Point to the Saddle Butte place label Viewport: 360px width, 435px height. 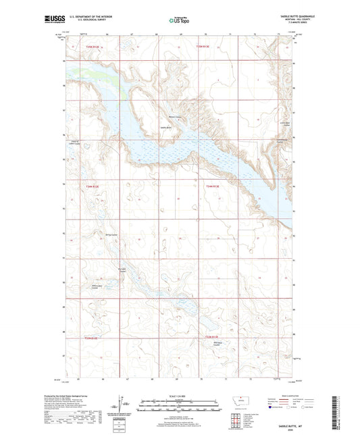[x=166, y=126]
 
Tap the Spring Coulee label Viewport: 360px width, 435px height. [x=102, y=236]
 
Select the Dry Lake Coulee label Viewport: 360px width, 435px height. [x=122, y=270]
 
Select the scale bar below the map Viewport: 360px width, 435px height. [x=180, y=407]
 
